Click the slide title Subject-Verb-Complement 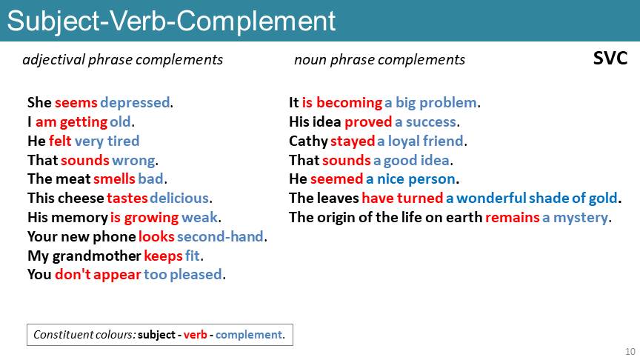(171, 21)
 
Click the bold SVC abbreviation (610, 59)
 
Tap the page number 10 (630, 351)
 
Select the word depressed (135, 103)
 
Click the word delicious (179, 198)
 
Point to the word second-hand (220, 237)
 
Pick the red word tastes (127, 199)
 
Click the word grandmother (97, 256)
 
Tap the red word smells (114, 179)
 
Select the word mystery (581, 218)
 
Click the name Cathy (309, 141)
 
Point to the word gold (602, 199)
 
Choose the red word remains (513, 218)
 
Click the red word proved (368, 122)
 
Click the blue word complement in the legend (249, 335)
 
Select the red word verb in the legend (195, 335)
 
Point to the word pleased (196, 275)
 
